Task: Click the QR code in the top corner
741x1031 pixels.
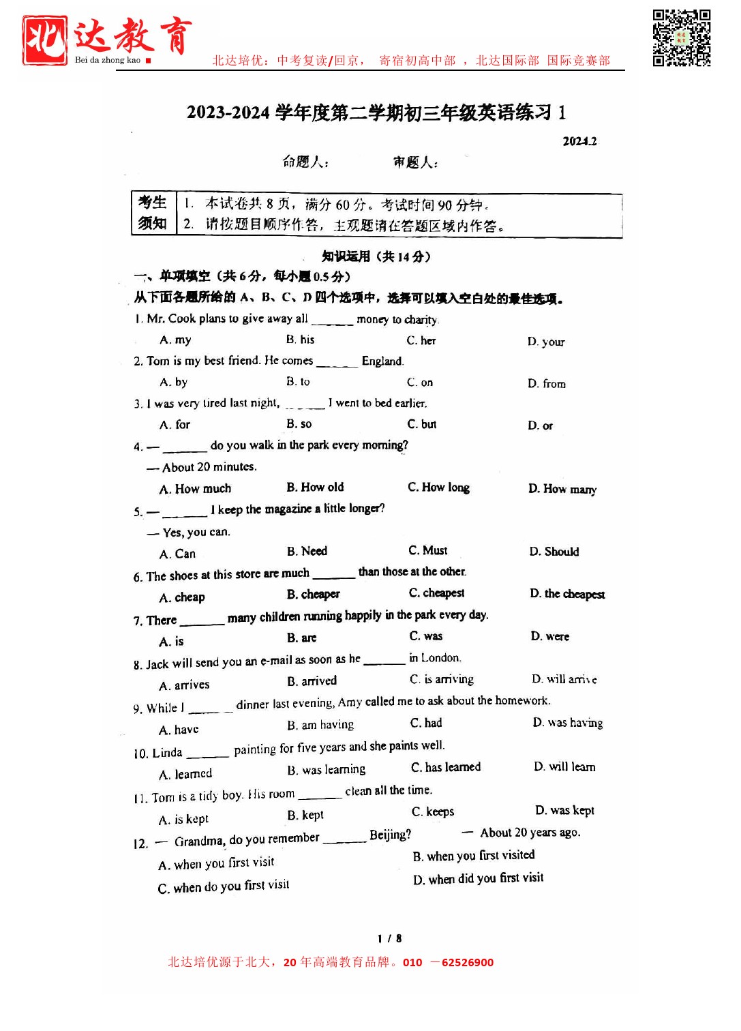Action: [681, 38]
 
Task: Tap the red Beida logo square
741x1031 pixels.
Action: [45, 40]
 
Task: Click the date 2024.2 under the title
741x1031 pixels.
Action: [579, 141]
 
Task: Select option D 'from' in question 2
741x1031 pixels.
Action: [547, 384]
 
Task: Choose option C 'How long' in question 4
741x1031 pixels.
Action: [438, 488]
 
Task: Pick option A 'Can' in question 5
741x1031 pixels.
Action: [177, 554]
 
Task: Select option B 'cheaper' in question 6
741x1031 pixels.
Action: [313, 594]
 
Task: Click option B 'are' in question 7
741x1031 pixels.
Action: [301, 638]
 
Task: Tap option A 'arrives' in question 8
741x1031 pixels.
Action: [184, 685]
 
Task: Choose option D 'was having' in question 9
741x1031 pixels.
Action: [568, 723]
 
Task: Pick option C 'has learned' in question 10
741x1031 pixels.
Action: [446, 767]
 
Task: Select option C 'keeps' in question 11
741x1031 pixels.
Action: [433, 811]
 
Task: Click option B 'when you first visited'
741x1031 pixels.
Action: [474, 856]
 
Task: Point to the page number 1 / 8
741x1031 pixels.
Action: [389, 938]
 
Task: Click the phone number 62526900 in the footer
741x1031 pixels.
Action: [468, 963]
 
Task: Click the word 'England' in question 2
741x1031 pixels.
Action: [382, 361]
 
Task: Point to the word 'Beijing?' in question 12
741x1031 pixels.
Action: [391, 835]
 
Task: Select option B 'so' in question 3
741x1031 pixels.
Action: [299, 424]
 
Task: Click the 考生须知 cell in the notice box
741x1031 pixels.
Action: [153, 213]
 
